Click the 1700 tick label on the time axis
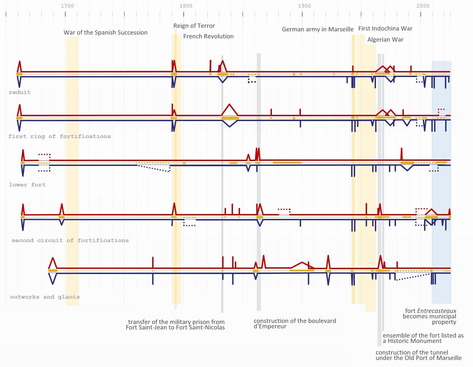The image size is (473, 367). (x=67, y=6)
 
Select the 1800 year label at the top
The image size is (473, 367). (x=186, y=6)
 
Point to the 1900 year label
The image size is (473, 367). (x=304, y=6)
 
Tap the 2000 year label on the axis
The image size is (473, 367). (x=423, y=6)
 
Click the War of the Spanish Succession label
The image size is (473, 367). (x=105, y=32)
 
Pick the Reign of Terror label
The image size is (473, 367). (x=194, y=26)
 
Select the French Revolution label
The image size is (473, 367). (x=208, y=36)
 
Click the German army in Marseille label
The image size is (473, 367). (x=318, y=29)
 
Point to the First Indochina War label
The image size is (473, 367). (x=385, y=28)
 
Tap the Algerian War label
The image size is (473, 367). (x=385, y=39)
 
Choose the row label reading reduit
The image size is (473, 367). (x=20, y=92)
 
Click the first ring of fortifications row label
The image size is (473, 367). (x=59, y=136)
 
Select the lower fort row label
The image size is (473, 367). (x=27, y=185)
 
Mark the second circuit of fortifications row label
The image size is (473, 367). (x=70, y=241)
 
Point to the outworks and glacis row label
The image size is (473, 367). (x=45, y=297)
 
